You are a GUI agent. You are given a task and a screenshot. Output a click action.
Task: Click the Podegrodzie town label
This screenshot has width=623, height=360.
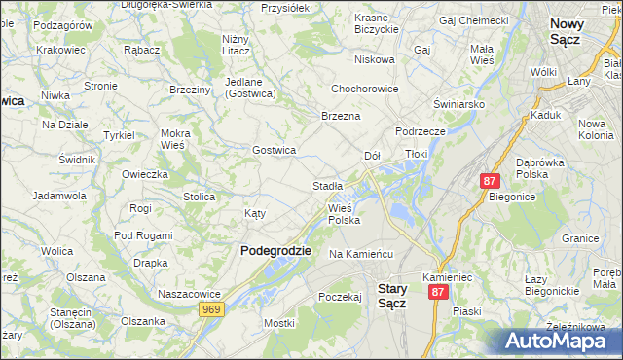275,250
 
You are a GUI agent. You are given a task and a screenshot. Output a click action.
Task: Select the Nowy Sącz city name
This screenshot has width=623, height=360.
578,31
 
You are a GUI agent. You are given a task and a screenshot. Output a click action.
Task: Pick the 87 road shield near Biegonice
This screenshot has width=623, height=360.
490,181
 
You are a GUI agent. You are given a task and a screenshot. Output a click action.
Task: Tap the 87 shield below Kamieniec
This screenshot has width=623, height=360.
438,292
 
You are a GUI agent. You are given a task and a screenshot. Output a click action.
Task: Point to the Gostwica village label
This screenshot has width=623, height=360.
274,150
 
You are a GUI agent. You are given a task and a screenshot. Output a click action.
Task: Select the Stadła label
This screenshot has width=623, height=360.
327,185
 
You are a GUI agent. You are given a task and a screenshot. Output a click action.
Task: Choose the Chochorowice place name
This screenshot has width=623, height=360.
365,89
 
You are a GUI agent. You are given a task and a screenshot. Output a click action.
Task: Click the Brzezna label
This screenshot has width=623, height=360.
341,116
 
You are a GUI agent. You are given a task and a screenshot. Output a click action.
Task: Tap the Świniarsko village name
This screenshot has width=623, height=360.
459,104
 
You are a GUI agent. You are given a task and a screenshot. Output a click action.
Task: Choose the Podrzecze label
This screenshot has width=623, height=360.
421,131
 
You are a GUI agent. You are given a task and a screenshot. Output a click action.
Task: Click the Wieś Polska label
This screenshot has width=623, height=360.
344,214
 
